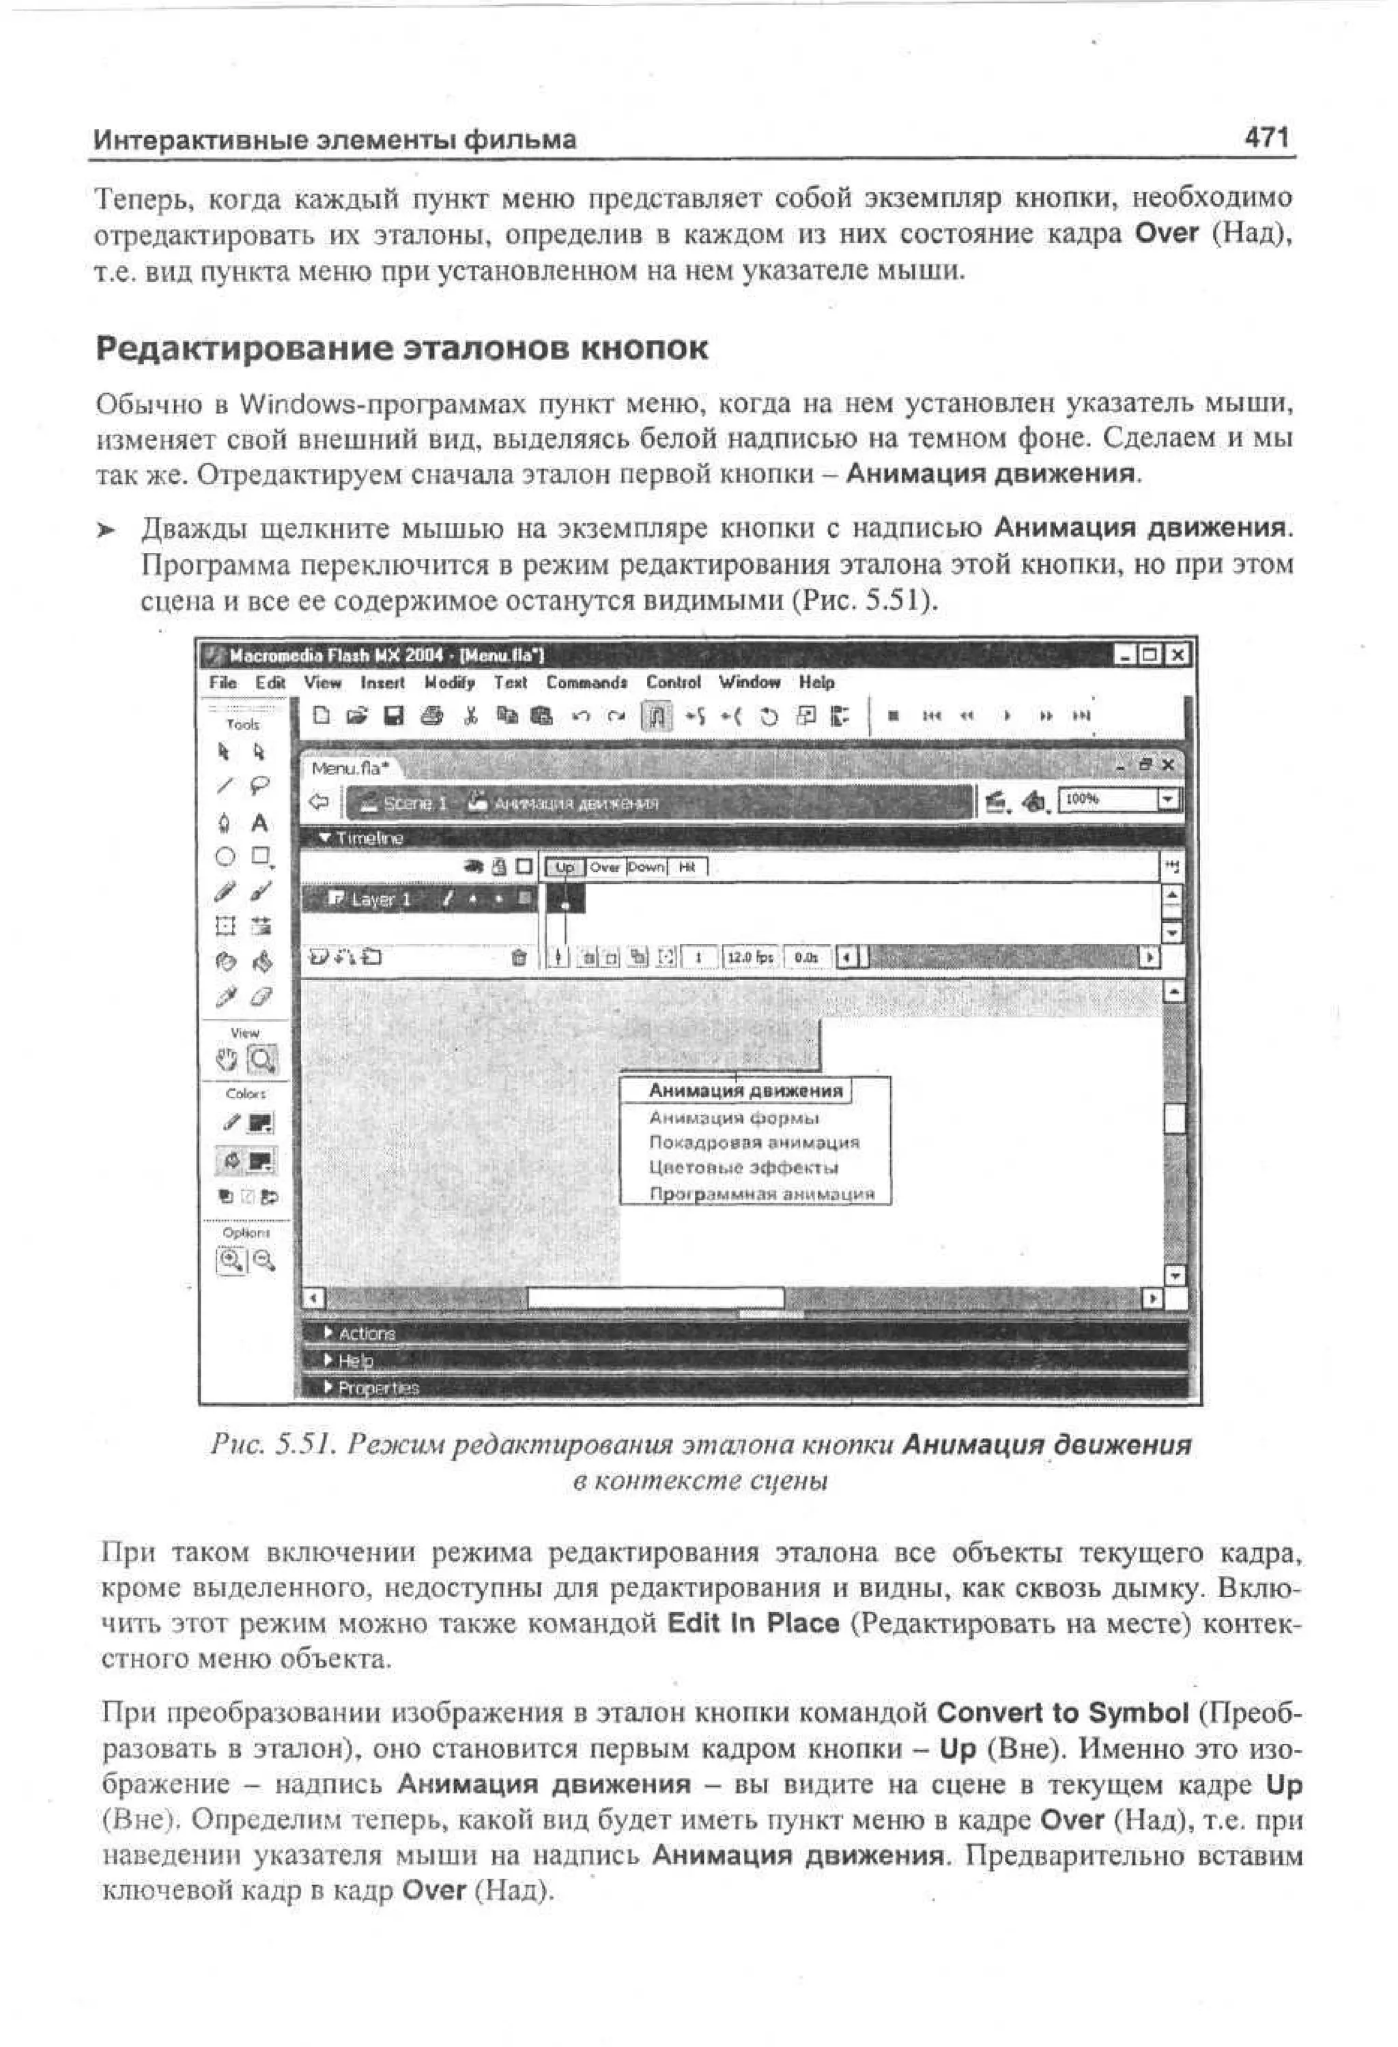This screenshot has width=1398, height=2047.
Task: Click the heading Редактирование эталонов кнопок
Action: point(401,348)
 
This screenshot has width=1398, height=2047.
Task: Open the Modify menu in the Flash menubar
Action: point(449,683)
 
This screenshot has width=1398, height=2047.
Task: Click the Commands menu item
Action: point(586,683)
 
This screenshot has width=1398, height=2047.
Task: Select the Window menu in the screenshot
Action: point(749,682)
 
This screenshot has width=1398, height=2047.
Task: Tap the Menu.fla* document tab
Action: point(349,768)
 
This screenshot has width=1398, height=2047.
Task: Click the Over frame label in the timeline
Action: point(605,867)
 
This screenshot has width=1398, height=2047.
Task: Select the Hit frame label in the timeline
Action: point(688,867)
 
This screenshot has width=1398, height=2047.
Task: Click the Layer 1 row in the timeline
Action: point(382,900)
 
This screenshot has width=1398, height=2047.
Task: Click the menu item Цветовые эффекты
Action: point(743,1168)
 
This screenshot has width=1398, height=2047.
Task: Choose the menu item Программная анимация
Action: point(761,1194)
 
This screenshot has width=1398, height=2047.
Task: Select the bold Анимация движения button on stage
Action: point(745,1091)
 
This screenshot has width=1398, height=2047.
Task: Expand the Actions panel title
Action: point(367,1334)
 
